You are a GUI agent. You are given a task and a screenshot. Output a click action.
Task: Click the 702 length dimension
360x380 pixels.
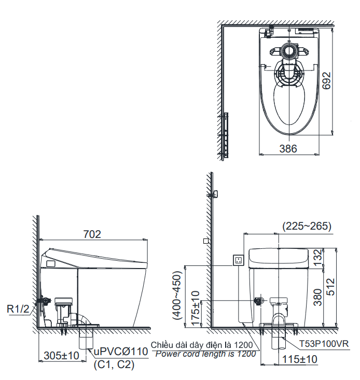pyautogui.click(x=92, y=234)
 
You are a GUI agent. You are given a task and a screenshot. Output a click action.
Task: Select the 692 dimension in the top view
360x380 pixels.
pyautogui.click(x=326, y=80)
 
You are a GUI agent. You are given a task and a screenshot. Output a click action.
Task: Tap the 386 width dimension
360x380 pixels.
pyautogui.click(x=288, y=149)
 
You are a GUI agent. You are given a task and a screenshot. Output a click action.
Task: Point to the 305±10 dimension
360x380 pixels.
pyautogui.click(x=62, y=356)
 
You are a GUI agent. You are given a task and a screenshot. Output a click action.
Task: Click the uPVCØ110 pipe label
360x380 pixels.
pyautogui.click(x=121, y=351)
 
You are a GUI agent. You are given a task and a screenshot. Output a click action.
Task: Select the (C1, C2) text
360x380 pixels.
pyautogui.click(x=114, y=365)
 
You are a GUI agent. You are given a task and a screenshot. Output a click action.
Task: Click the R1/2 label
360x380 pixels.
pyautogui.click(x=18, y=309)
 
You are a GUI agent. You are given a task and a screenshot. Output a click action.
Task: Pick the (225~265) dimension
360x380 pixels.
pyautogui.click(x=307, y=226)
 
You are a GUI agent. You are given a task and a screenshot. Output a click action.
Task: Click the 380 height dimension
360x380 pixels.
pyautogui.click(x=317, y=297)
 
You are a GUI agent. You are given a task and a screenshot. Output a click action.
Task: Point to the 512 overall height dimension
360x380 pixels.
pyautogui.click(x=330, y=287)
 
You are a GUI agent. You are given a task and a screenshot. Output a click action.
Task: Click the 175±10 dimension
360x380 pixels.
pyautogui.click(x=196, y=308)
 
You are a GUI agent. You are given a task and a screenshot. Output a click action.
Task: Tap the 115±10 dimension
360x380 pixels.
pyautogui.click(x=300, y=359)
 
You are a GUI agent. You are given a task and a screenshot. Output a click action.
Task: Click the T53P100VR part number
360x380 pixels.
pyautogui.click(x=324, y=344)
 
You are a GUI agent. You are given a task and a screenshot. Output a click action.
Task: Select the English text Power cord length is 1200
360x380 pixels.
pyautogui.click(x=205, y=354)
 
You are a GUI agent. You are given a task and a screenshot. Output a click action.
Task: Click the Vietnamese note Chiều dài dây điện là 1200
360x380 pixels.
pyautogui.click(x=202, y=345)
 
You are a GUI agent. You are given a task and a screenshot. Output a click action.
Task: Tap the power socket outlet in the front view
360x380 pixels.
pyautogui.click(x=238, y=260)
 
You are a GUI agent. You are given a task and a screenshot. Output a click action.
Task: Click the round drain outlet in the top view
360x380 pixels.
pyautogui.click(x=289, y=51)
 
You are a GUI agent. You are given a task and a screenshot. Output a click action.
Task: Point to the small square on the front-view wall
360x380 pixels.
pyautogui.click(x=206, y=241)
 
